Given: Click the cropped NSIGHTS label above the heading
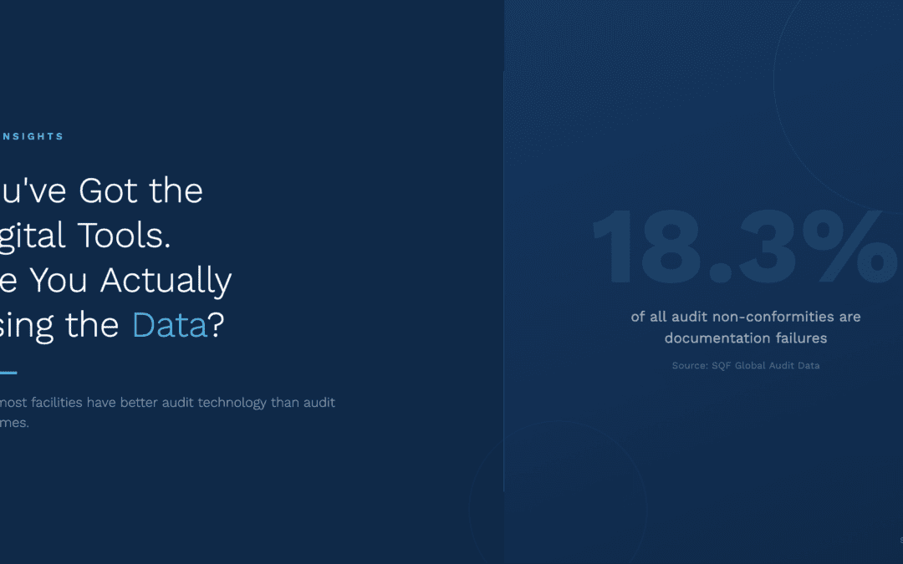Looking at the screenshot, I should (32, 136).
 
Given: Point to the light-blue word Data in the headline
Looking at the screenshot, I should (170, 325).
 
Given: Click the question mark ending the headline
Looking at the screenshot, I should (217, 325).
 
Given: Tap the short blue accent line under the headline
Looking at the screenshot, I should (8, 373).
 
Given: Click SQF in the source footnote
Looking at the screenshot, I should (722, 366).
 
